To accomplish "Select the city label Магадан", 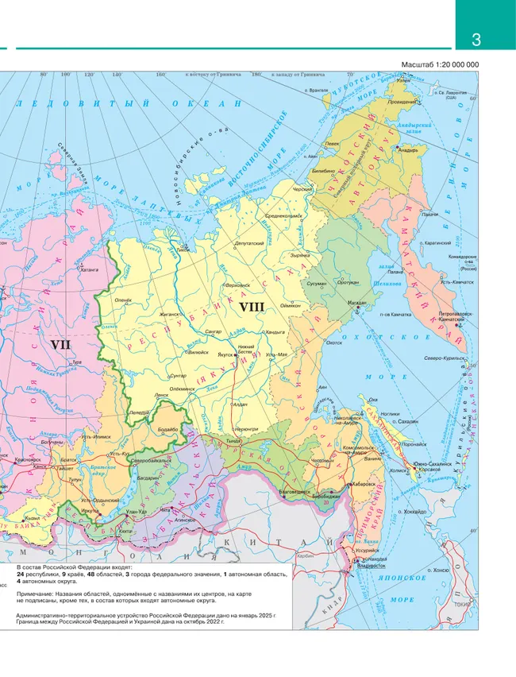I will coord(356,303).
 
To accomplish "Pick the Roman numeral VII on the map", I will coord(61,344).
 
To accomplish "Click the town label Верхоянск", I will coord(238,284).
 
